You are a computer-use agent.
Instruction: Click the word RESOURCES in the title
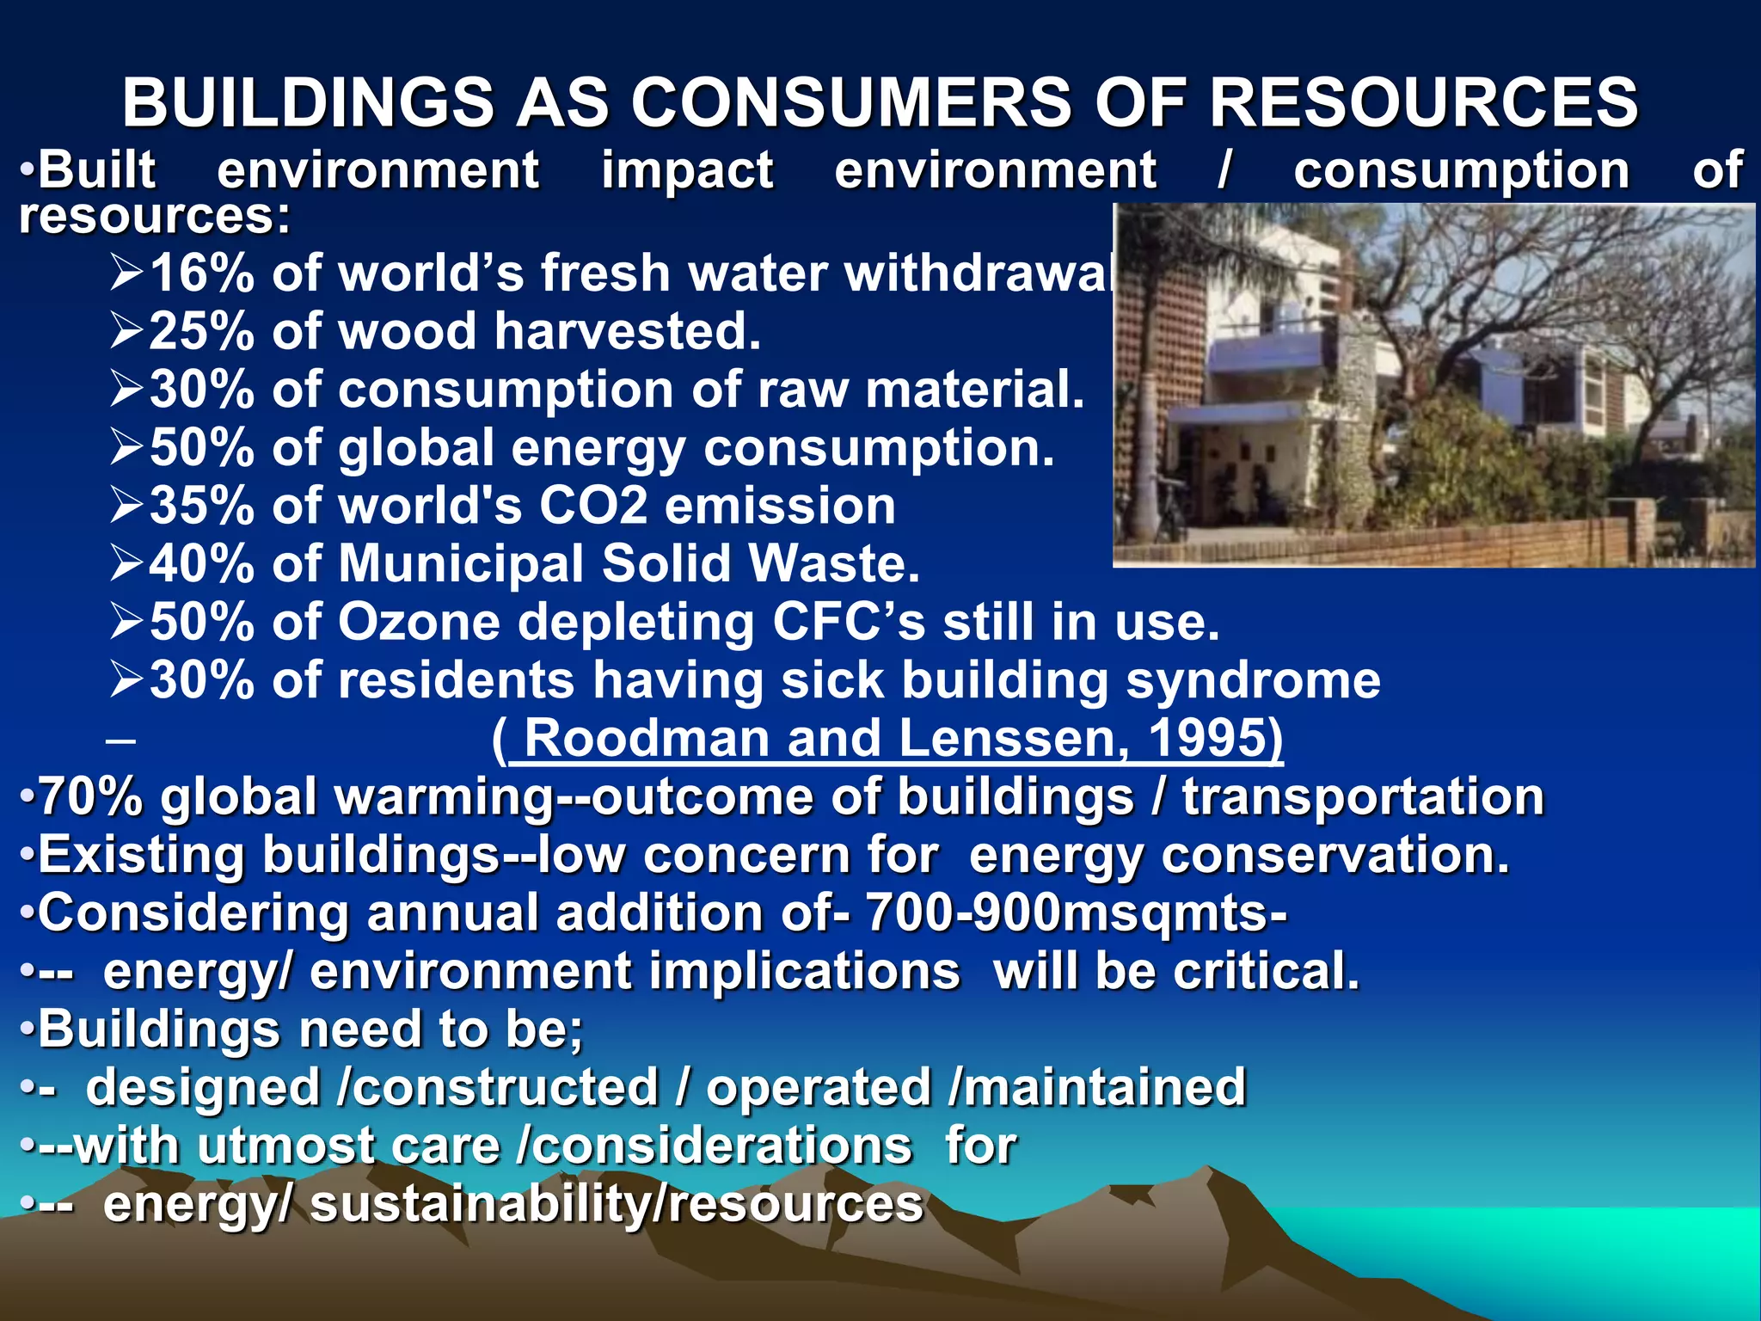pos(1423,102)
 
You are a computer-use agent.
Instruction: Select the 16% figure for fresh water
pos(202,273)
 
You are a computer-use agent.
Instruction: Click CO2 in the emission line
pos(593,505)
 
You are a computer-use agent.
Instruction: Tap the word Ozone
pos(419,621)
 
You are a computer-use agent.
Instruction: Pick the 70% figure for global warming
pos(91,796)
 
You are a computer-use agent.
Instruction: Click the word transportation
pos(1363,796)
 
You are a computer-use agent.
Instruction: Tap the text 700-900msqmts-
pos(1076,912)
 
